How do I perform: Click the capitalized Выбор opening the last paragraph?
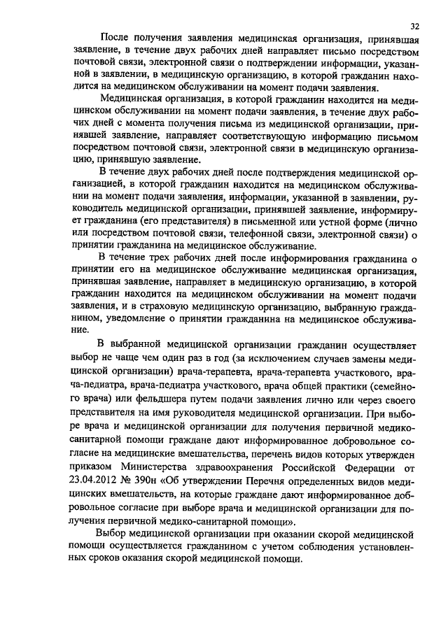116,535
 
